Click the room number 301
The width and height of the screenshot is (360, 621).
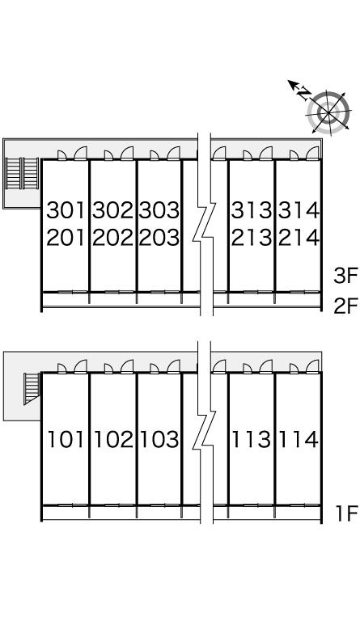point(66,210)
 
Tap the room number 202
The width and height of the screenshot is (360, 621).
point(112,238)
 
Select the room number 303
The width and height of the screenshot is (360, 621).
point(159,210)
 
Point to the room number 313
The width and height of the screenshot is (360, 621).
point(252,210)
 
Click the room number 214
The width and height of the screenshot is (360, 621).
point(299,238)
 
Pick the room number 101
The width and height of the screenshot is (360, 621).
point(66,439)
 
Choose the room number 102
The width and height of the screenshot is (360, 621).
point(113,439)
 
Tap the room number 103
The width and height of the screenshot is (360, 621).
point(159,439)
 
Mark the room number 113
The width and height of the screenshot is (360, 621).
point(252,439)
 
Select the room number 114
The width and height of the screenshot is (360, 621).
point(299,439)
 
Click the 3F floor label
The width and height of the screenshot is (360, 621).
point(345,276)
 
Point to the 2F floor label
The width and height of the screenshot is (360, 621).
point(345,306)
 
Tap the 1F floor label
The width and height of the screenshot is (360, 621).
point(347,513)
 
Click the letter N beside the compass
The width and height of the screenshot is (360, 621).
point(303,94)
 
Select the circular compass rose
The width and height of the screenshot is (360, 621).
point(328,112)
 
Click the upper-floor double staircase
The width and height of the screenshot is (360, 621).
point(22,174)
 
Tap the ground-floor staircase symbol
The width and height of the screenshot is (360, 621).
point(32,388)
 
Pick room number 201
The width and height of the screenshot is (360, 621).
point(66,238)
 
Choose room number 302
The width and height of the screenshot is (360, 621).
point(112,210)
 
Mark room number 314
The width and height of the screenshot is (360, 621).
point(299,210)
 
